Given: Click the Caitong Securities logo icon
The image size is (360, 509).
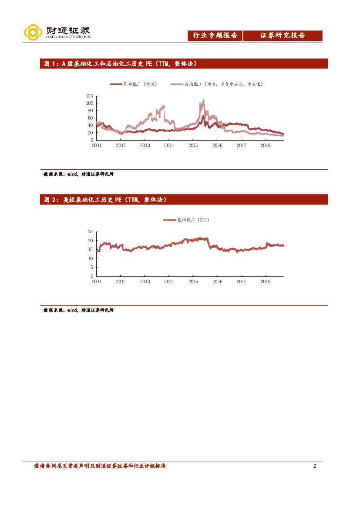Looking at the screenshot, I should (33, 33).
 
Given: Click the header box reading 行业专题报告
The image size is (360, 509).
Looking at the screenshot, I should (215, 36).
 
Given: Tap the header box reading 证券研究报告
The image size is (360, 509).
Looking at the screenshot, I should (283, 36).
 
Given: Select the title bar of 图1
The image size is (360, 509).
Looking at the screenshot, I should (184, 64).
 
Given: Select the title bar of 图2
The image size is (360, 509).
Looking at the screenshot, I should (184, 200).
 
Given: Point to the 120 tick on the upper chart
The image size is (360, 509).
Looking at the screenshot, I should (90, 96).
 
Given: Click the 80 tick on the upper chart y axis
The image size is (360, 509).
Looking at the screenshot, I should (91, 111).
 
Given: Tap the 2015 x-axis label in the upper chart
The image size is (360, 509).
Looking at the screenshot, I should (193, 145).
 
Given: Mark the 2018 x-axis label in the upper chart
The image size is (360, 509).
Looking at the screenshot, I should (265, 145).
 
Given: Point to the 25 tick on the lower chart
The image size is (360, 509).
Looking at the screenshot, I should (90, 231).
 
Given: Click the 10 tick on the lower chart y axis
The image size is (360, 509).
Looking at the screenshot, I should (90, 258).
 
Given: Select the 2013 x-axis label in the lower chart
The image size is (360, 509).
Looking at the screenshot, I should (145, 281).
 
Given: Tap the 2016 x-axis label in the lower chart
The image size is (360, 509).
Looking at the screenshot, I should (217, 281).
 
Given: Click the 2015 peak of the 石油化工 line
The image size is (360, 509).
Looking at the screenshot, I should (203, 100).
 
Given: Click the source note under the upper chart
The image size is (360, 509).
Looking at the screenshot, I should (78, 174).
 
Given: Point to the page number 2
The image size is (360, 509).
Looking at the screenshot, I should (314, 466).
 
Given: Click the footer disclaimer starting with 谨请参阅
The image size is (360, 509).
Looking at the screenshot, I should (100, 466).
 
